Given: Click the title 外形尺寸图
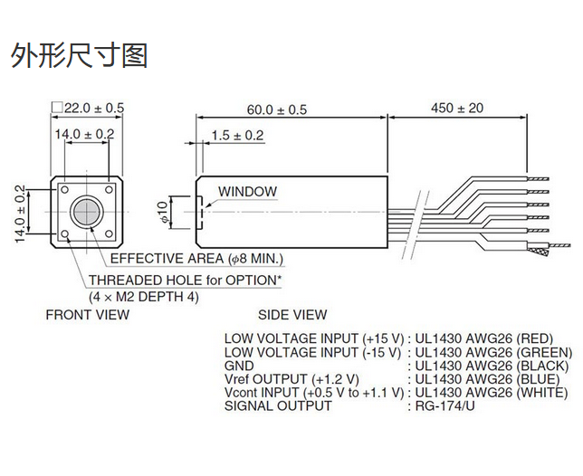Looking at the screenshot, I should (79, 55).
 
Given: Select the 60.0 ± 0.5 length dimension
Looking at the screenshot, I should (277, 109).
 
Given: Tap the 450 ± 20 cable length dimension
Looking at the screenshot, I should (457, 108).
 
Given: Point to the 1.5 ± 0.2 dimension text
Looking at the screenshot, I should (236, 136).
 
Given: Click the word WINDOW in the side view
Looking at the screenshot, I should (247, 192).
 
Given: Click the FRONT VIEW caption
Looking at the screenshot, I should (88, 315).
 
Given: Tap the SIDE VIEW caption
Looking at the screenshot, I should (292, 315).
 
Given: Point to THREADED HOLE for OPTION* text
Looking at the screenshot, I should (185, 281).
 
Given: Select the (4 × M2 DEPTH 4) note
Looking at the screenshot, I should (143, 296).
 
